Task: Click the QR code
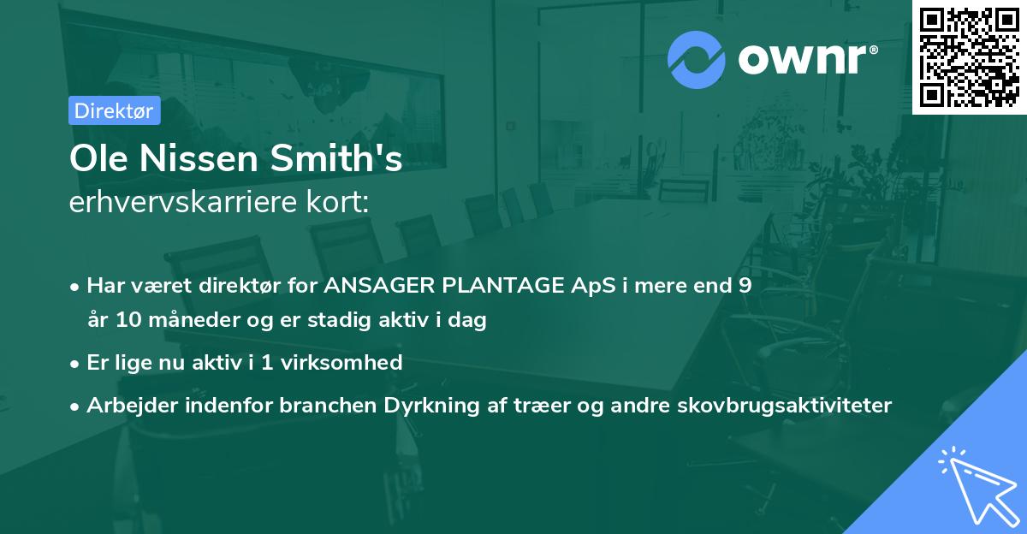[969, 56]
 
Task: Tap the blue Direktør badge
[114, 110]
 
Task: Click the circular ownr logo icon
[697, 60]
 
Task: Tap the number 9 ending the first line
[745, 286]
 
